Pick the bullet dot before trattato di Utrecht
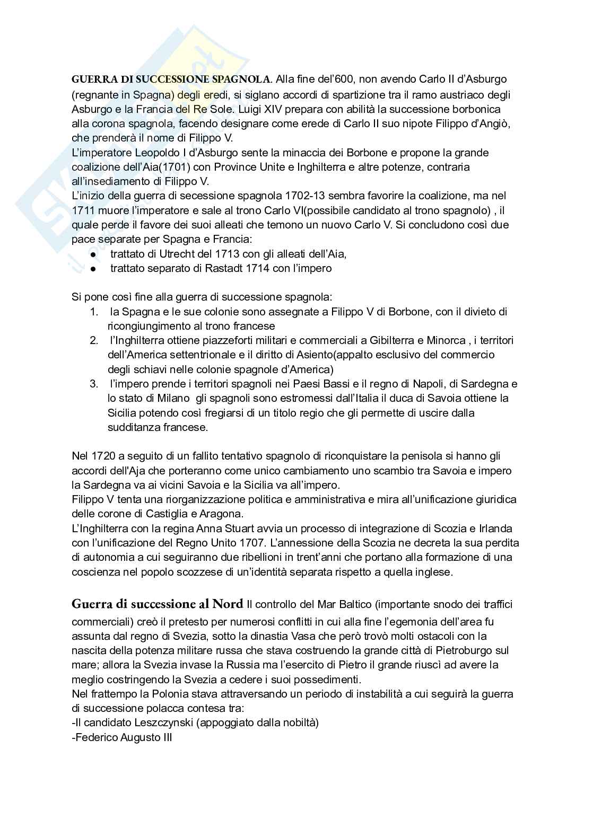point(92,254)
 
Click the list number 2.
point(93,340)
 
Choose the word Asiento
point(313,355)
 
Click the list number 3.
point(93,384)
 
